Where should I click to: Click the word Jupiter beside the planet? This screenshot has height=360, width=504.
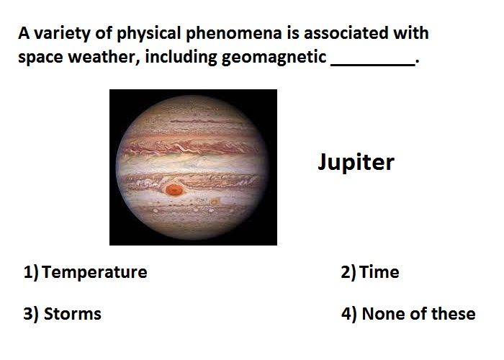click(356, 162)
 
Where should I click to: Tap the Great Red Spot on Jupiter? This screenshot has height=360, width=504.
click(174, 189)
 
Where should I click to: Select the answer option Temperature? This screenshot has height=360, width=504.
click(94, 272)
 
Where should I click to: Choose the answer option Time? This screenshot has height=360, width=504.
click(379, 272)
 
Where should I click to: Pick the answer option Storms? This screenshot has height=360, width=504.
click(72, 314)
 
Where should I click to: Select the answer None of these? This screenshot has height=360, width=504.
click(418, 314)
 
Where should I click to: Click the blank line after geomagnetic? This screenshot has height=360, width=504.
click(373, 66)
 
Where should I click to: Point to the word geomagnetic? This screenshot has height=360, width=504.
click(274, 58)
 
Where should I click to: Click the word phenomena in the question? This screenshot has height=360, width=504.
click(234, 34)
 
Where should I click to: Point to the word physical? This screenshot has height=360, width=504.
click(149, 34)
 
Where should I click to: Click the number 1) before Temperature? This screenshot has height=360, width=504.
click(31, 272)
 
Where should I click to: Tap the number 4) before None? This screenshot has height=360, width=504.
click(349, 314)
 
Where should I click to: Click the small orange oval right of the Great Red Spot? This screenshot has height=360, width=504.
click(215, 202)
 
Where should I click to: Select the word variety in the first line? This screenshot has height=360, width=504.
click(63, 34)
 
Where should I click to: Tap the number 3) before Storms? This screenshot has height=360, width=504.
click(31, 314)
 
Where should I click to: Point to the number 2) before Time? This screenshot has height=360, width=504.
click(348, 272)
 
